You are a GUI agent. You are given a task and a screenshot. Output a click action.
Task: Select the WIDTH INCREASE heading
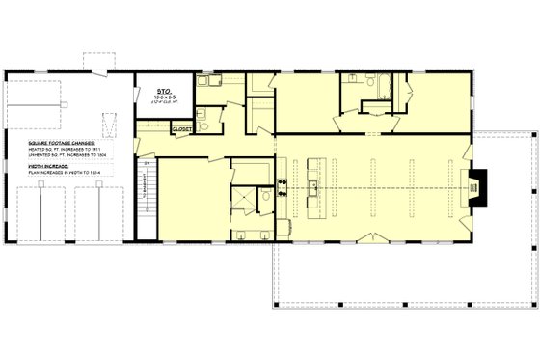coord(49,165)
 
